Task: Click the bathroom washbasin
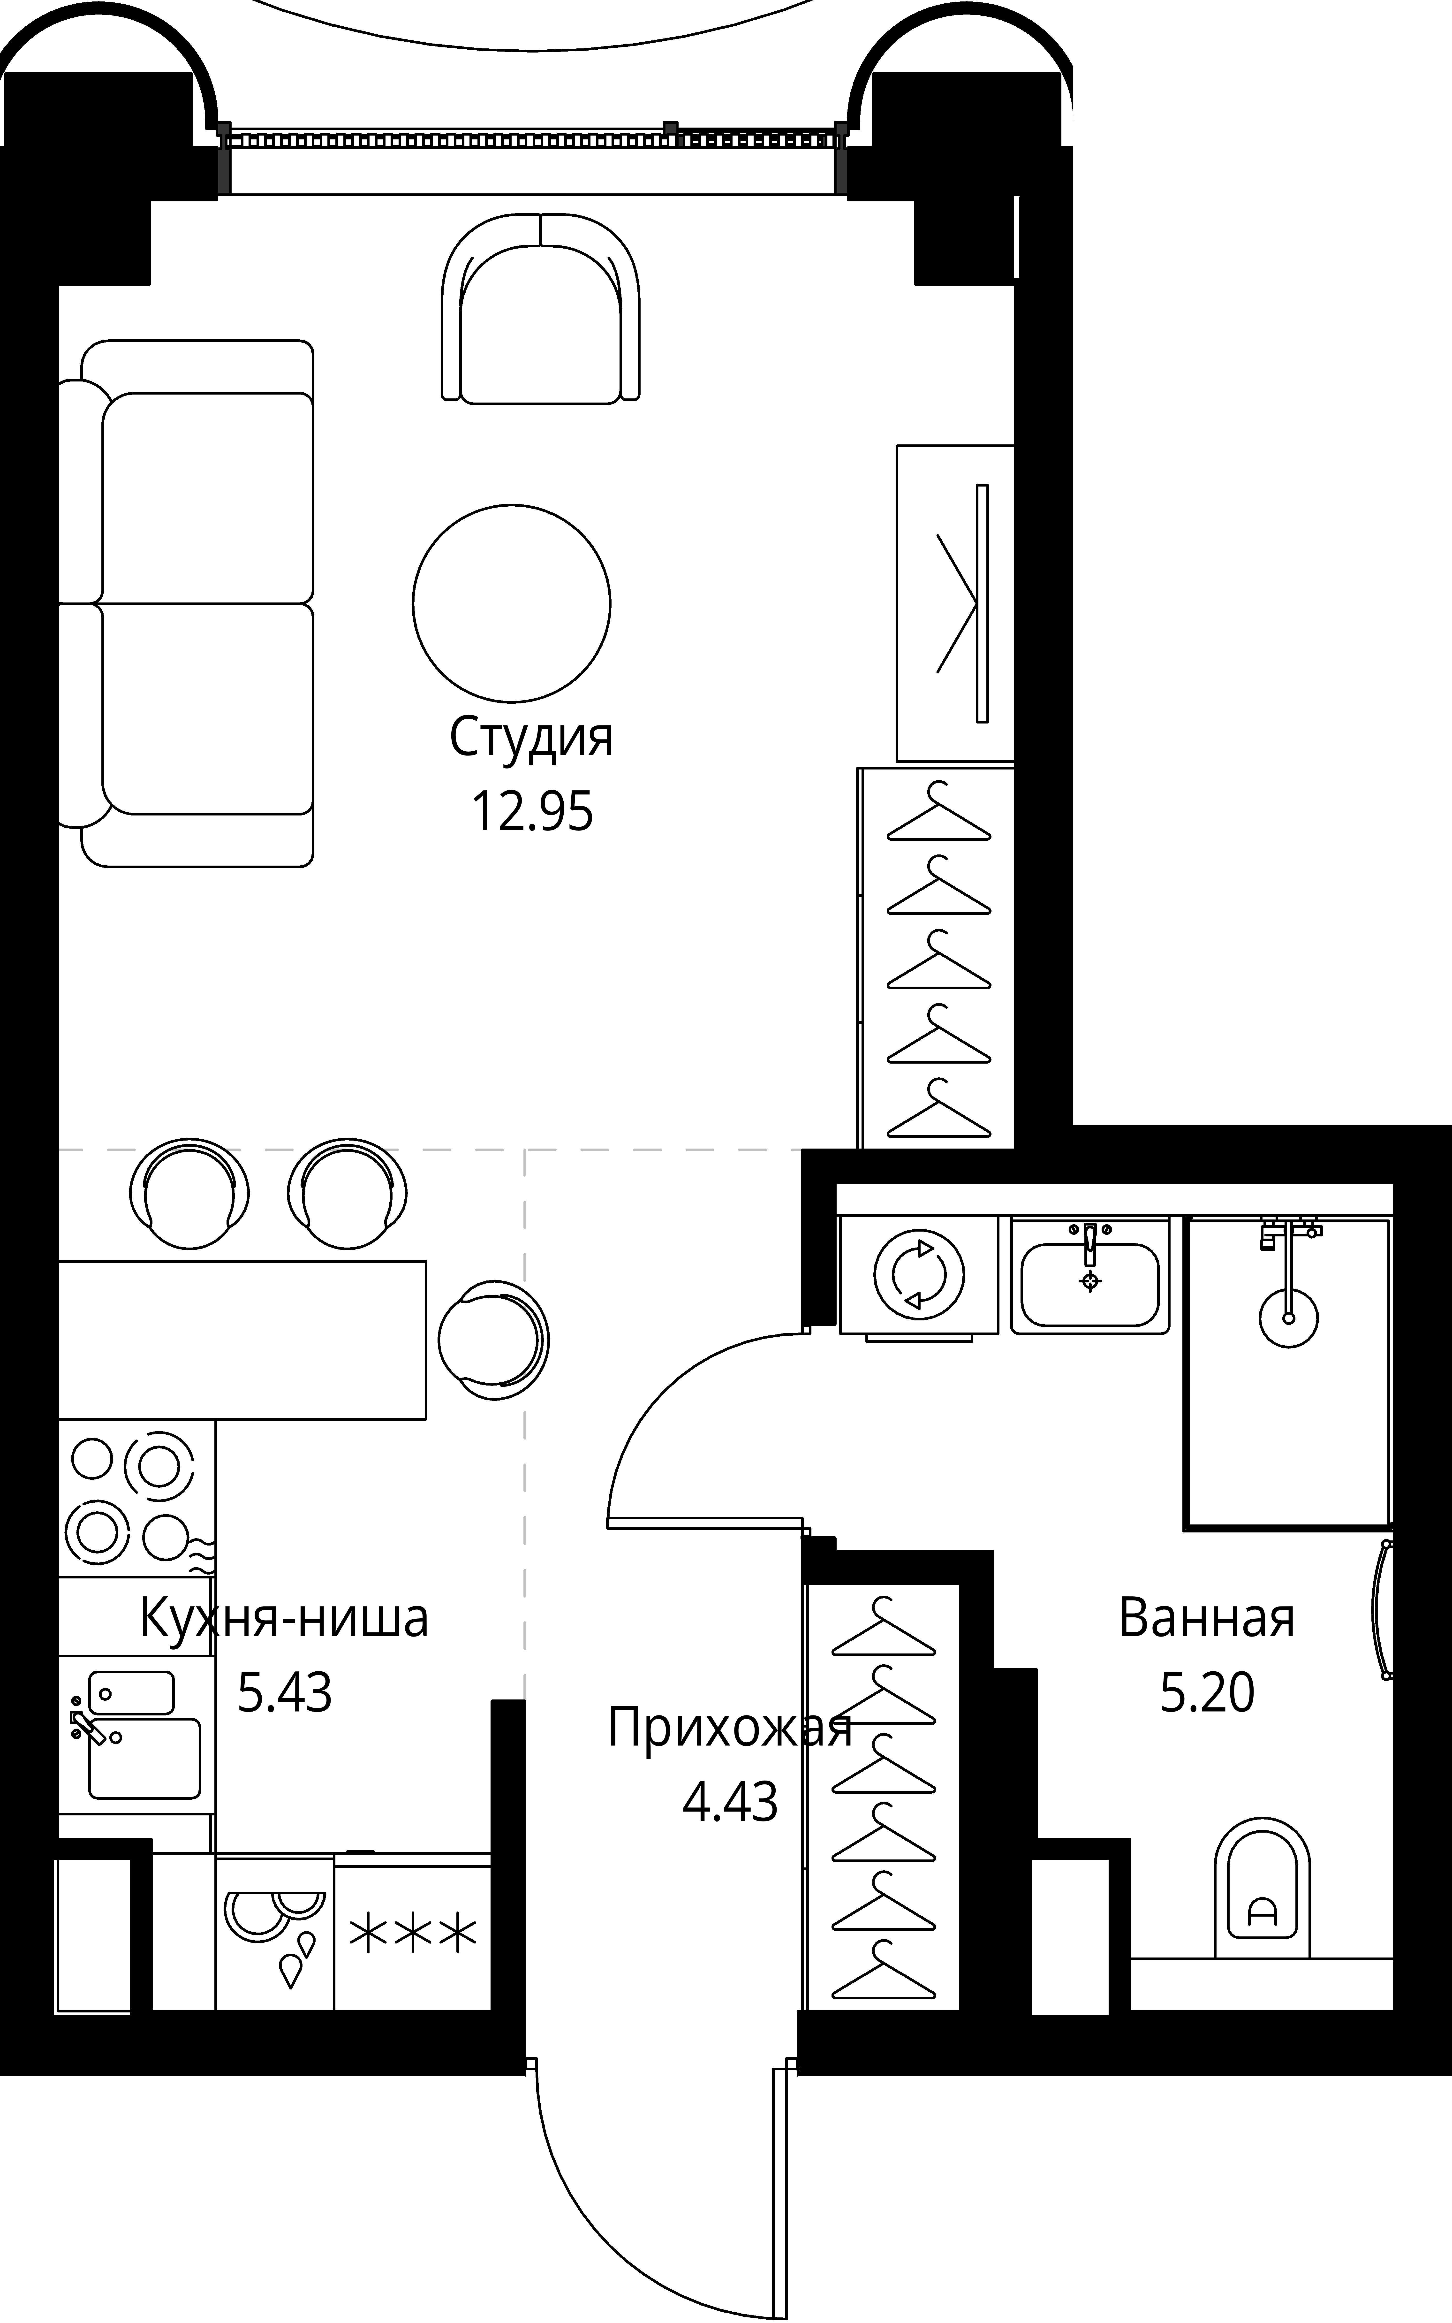pyautogui.click(x=1089, y=1283)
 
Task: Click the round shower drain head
pyautogui.click(x=1288, y=1318)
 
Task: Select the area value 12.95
pyautogui.click(x=531, y=812)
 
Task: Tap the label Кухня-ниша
pyautogui.click(x=284, y=1618)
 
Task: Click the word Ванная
pyautogui.click(x=1206, y=1618)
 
